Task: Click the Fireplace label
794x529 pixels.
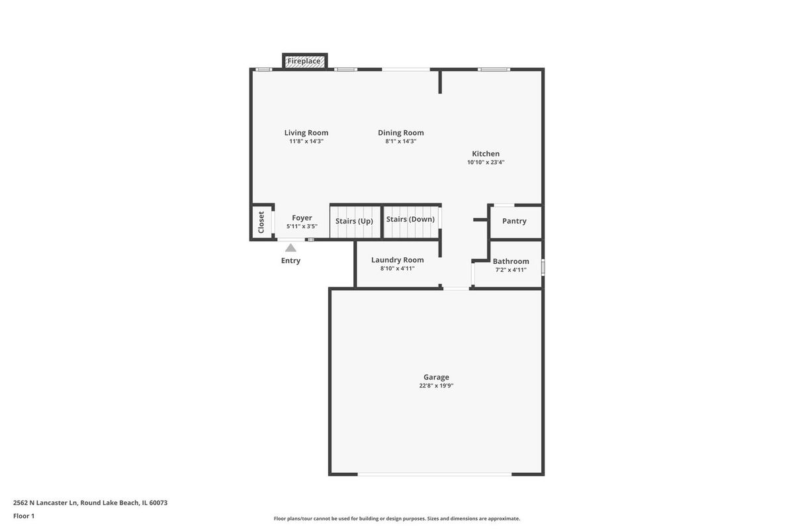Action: coord(304,61)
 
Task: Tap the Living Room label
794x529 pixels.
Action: coord(306,133)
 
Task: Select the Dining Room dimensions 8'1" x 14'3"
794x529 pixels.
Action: coord(401,142)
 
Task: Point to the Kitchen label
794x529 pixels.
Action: coord(486,154)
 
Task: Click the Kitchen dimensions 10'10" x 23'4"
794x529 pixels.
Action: coord(486,162)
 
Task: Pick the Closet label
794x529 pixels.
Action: coord(261,223)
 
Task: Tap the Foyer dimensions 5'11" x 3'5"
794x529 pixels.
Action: coord(302,226)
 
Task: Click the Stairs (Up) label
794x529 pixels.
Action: coord(354,221)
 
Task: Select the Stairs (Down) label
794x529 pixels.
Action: coord(410,220)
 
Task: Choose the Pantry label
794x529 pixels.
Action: coord(514,221)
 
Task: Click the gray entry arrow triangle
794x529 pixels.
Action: coord(290,248)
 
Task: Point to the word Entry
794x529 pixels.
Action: coord(290,261)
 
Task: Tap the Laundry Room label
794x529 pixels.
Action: coord(398,260)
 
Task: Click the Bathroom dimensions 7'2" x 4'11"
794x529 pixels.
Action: coord(511,270)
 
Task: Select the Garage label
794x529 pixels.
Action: coord(436,377)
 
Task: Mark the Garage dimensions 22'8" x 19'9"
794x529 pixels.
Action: coord(436,386)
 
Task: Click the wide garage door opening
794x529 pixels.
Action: coord(435,474)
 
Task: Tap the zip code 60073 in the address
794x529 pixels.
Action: coord(158,503)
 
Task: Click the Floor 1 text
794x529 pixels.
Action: coord(24,516)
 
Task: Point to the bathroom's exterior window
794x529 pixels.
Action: coord(543,267)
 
